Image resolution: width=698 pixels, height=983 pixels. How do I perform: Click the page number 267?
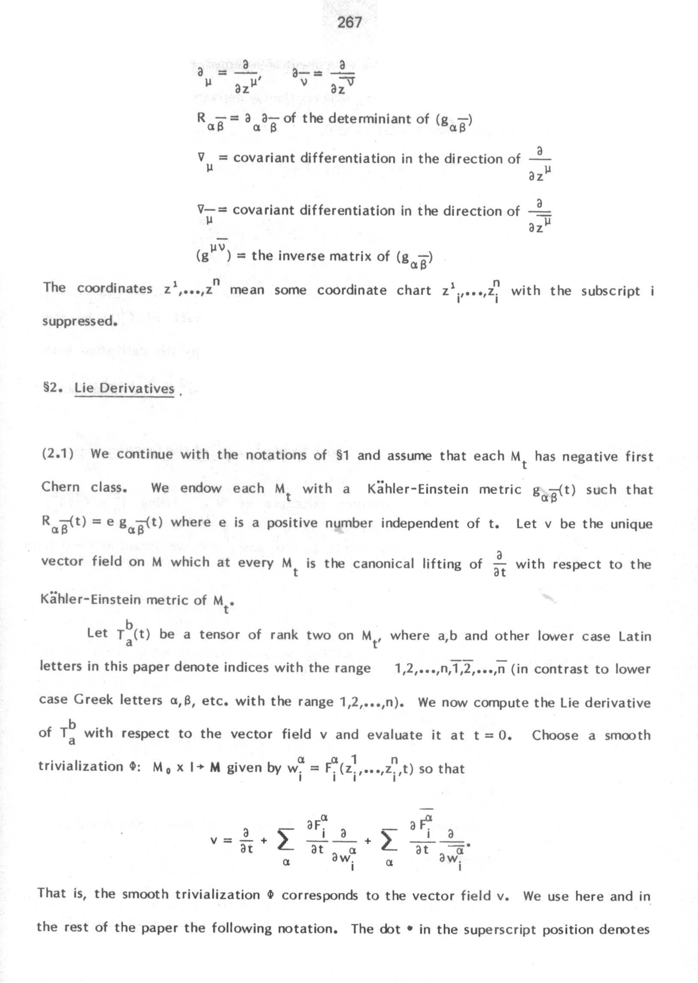pos(349,22)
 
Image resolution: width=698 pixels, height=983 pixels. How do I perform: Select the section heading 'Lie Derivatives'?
pos(124,388)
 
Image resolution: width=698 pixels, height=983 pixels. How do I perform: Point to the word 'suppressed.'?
pos(79,321)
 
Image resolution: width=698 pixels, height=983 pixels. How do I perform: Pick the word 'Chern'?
pos(61,487)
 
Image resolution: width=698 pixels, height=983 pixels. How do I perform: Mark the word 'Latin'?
pos(635,636)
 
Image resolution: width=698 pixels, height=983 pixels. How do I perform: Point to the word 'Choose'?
pos(555,735)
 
